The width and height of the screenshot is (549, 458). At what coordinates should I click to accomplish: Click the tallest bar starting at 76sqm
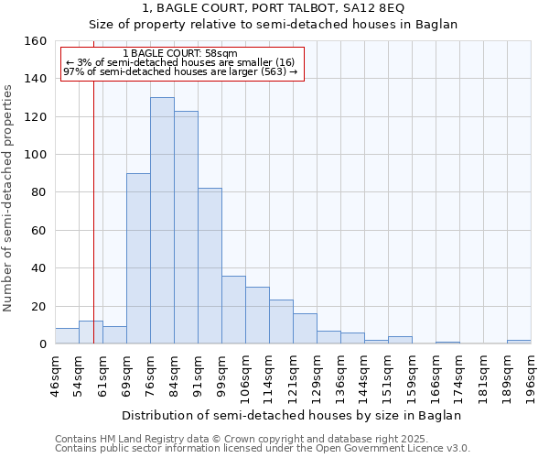tap(162, 221)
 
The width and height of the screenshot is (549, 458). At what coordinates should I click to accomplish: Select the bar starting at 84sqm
tap(186, 227)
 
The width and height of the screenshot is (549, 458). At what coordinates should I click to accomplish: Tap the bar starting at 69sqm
tap(138, 258)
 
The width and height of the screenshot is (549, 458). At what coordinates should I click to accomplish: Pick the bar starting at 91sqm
tap(210, 266)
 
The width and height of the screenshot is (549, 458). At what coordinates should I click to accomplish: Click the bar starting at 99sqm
tap(233, 310)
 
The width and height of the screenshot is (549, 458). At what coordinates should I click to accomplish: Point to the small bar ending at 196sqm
tap(519, 342)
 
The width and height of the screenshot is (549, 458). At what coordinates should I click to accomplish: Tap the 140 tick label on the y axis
tap(35, 79)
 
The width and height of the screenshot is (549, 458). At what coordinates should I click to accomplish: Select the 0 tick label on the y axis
tap(42, 344)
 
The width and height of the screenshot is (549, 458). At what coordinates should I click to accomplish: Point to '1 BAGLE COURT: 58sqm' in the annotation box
tap(179, 54)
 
